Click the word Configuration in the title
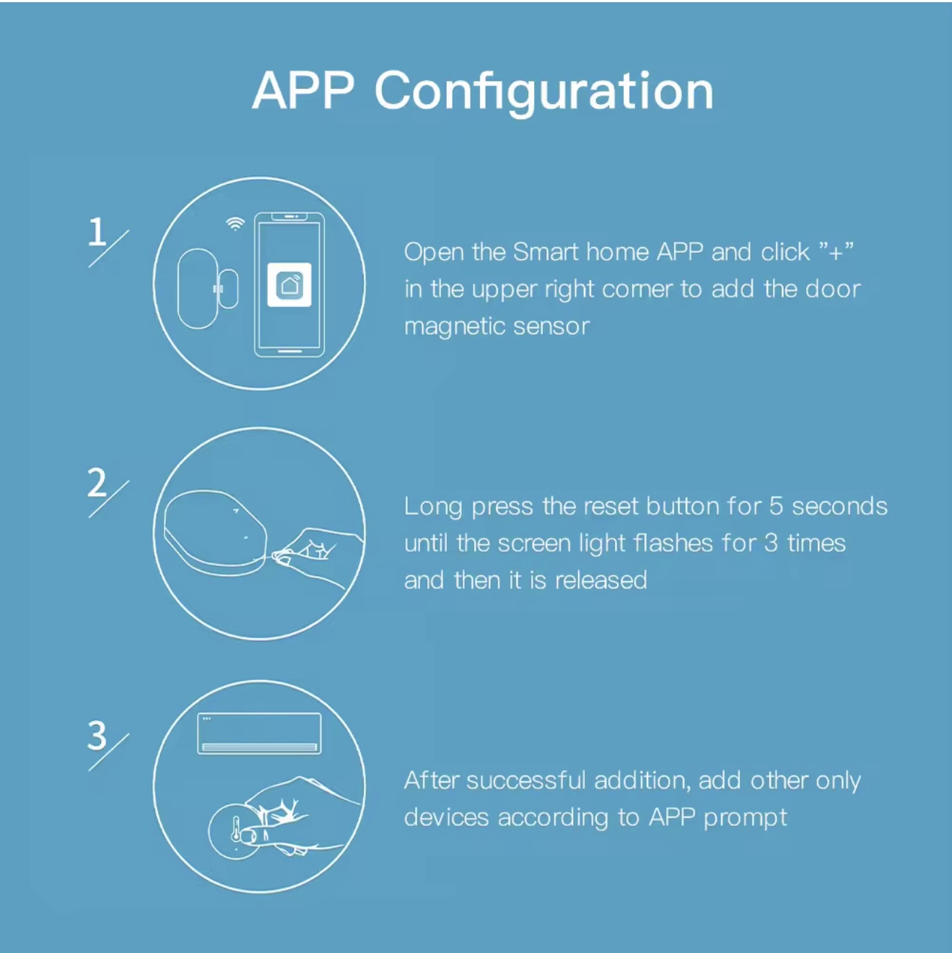[544, 92]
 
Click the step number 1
[97, 232]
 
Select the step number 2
[97, 482]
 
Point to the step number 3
[97, 736]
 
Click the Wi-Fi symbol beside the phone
[235, 224]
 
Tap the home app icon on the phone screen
[289, 285]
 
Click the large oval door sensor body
[197, 288]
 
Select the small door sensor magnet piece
[228, 289]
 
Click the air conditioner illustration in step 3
[259, 734]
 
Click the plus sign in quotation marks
[836, 253]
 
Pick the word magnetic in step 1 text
[454, 327]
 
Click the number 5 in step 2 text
[775, 507]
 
